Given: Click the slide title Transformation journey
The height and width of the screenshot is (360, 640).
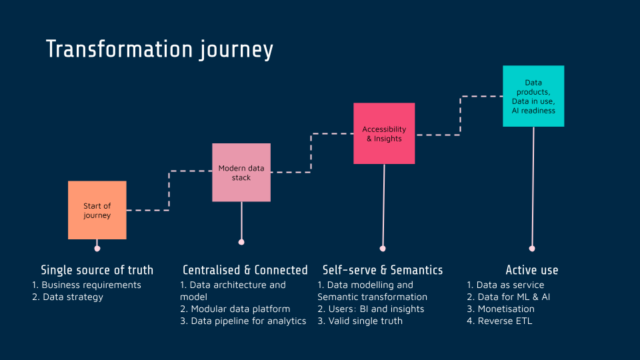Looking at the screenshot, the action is (159, 50).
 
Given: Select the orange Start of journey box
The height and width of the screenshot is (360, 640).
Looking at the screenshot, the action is (97, 210).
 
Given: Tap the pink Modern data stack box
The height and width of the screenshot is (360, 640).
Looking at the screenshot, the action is (241, 172).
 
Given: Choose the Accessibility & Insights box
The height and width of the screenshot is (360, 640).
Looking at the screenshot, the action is (384, 133).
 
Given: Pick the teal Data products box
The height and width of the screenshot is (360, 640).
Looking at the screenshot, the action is (533, 96).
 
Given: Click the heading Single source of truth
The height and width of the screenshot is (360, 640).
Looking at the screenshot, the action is (97, 270).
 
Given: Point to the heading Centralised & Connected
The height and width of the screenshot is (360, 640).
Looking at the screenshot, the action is (245, 270).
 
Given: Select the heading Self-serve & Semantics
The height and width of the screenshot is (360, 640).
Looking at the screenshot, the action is (383, 270).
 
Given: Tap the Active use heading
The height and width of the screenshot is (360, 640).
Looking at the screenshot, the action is (532, 270).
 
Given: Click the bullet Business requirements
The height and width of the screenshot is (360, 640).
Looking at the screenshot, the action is (87, 285).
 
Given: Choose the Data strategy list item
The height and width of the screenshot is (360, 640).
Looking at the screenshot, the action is (68, 297).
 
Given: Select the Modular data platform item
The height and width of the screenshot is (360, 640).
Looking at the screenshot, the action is (235, 309).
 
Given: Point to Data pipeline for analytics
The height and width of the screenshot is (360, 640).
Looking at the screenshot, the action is (243, 321).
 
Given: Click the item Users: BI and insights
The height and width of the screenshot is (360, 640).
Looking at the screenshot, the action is (371, 309).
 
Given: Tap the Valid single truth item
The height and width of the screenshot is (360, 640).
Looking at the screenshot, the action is (360, 321).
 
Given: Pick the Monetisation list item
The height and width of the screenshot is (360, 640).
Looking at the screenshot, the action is (501, 309).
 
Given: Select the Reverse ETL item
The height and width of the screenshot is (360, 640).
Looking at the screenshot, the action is (499, 321).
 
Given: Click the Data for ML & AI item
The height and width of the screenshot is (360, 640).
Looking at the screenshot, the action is (509, 297).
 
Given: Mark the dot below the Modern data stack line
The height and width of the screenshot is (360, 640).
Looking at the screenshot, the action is (241, 242).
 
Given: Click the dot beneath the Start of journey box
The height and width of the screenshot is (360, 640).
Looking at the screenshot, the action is (97, 249).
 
